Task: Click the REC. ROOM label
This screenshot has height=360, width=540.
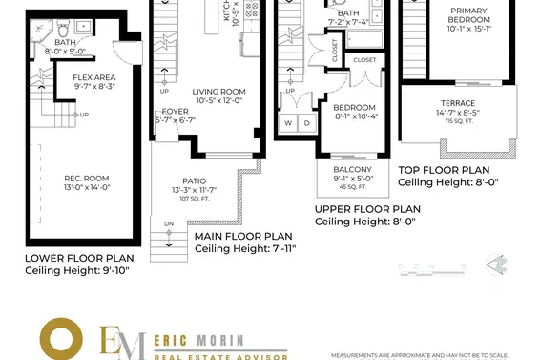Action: coord(86,178)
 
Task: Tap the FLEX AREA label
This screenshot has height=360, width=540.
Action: coord(96,76)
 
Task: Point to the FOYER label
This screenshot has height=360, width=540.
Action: coord(176,111)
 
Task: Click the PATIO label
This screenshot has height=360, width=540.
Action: coord(194,180)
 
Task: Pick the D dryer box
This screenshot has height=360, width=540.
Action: coord(307,123)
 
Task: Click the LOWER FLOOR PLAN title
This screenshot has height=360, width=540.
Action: coord(78,258)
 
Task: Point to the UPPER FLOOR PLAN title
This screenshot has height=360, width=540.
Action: coord(367,209)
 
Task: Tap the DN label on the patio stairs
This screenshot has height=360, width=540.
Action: coord(170,224)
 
